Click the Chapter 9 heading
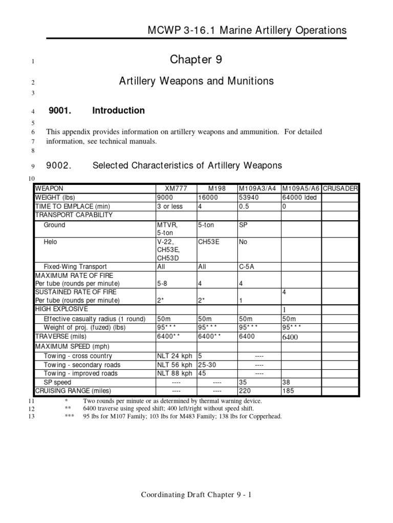pyautogui.click(x=196, y=60)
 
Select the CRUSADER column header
pyautogui.click(x=341, y=188)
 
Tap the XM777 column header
pyautogui.click(x=176, y=188)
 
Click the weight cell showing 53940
pyautogui.click(x=249, y=197)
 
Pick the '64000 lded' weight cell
pyautogui.click(x=299, y=197)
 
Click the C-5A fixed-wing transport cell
pyautogui.click(x=247, y=266)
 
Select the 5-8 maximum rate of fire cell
pyautogui.click(x=163, y=283)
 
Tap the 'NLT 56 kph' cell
pyautogui.click(x=175, y=365)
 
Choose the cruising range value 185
pyautogui.click(x=288, y=391)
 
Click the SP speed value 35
pyautogui.click(x=243, y=382)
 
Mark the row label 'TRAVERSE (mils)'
pyautogui.click(x=61, y=337)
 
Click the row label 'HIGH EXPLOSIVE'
pyautogui.click(x=61, y=309)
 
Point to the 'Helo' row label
pyautogui.click(x=51, y=242)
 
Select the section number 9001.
pyautogui.click(x=61, y=110)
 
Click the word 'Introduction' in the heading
pyautogui.click(x=118, y=110)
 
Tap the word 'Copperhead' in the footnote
pyautogui.click(x=264, y=416)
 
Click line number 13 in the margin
pyautogui.click(x=31, y=417)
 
